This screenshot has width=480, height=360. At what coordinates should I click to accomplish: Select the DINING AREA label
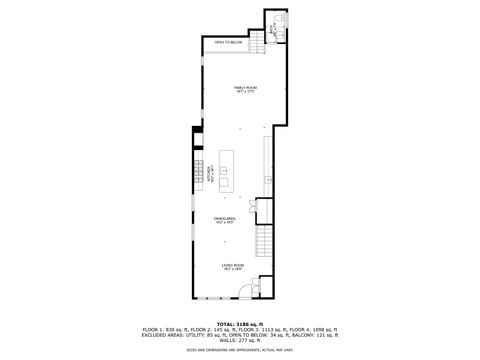[x=224, y=217]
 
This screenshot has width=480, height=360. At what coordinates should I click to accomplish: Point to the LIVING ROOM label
[x=232, y=263]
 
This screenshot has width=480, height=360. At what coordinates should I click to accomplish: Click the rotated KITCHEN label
[x=209, y=172]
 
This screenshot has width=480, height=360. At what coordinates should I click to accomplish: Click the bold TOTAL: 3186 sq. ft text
[x=239, y=322]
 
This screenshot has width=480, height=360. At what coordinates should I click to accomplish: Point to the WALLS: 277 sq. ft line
[x=240, y=340]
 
